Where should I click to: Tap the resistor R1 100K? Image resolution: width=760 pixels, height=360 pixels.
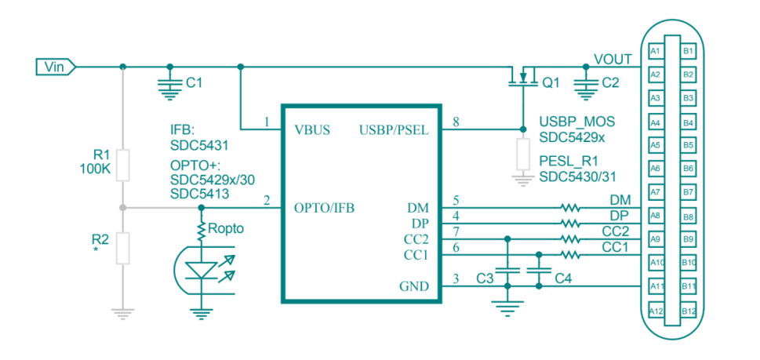[x=122, y=165]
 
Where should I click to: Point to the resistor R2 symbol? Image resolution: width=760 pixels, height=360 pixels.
[x=122, y=247]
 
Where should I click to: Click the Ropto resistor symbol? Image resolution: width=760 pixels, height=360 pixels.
[x=202, y=229]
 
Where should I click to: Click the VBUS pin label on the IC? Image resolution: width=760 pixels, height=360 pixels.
[x=311, y=129]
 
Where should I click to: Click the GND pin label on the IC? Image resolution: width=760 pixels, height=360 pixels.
[x=413, y=287]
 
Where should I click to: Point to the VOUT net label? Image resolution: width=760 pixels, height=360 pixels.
[x=611, y=59]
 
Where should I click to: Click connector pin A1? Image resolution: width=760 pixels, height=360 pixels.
[x=656, y=51]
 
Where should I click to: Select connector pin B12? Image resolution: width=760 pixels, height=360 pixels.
[x=689, y=311]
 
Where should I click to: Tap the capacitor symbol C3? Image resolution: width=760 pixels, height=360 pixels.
[x=508, y=270]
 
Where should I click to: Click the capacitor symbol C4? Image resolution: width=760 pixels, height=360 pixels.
[x=540, y=270]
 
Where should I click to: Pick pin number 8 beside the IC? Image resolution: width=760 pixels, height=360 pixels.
[x=456, y=122]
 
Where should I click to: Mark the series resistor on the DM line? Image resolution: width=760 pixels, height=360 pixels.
[x=570, y=208]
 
